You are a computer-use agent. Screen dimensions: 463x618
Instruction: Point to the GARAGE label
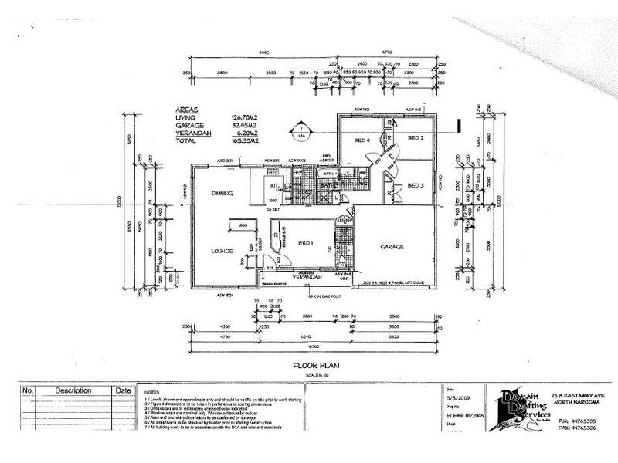point(393,247)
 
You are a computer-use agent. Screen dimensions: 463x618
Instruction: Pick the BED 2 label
point(417,138)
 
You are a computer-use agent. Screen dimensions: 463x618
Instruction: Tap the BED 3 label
point(416,185)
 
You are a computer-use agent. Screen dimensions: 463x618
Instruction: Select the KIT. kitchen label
point(273,185)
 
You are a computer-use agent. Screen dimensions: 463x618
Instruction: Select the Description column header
point(73,391)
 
